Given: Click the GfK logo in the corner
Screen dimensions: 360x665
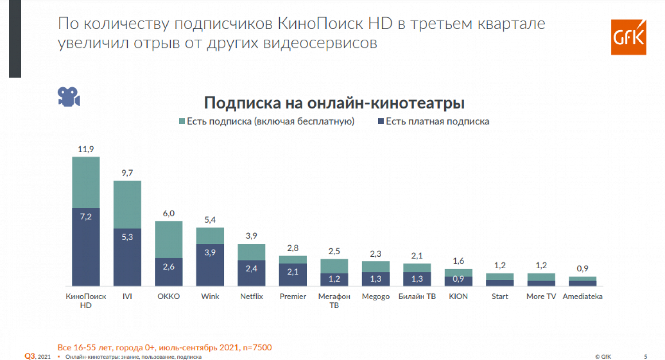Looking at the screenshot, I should [628, 37].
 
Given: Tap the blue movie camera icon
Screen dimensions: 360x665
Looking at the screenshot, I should [69, 96].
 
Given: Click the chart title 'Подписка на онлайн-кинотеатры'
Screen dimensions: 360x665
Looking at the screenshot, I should [334, 103].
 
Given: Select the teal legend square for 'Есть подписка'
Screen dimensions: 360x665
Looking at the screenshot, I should [181, 121].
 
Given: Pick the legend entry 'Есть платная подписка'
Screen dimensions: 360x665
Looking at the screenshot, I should [437, 121].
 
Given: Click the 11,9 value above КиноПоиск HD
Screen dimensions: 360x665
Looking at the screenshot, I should [86, 149].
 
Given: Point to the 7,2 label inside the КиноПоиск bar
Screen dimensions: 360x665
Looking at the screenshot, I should [86, 217].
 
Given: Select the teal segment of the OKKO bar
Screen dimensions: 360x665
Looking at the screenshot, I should [168, 239].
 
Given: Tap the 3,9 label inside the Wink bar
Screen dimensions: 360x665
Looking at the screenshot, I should [210, 253].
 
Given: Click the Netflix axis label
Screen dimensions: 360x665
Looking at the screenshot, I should [251, 297].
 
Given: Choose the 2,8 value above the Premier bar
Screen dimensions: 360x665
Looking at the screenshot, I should [293, 248].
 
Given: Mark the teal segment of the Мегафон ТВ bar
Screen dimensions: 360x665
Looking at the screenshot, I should [334, 266].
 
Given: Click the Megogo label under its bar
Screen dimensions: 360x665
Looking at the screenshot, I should [376, 297].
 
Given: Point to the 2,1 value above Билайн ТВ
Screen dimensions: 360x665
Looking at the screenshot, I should [417, 256].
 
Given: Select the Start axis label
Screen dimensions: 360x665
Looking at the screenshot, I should [500, 297].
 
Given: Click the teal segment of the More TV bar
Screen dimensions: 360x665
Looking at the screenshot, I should [541, 277].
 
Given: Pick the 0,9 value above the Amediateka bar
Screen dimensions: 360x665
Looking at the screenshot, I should [582, 269].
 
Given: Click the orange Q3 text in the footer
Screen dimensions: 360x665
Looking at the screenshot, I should [29, 356].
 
